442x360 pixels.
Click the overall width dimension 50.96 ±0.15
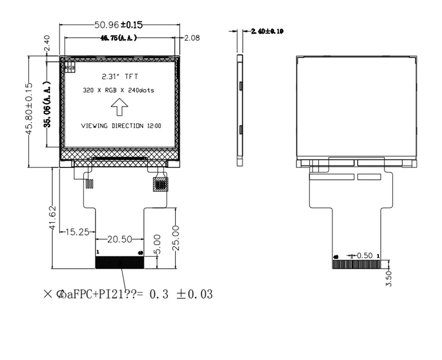click(120, 25)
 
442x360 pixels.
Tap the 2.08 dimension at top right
click(192, 38)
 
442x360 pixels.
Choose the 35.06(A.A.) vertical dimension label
click(47, 104)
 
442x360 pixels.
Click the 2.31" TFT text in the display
click(120, 77)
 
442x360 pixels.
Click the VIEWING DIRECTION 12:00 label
click(120, 126)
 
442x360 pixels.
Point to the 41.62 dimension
click(52, 217)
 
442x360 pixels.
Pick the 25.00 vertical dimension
click(174, 236)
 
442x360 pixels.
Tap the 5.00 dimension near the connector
click(157, 243)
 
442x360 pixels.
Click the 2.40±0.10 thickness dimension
click(267, 31)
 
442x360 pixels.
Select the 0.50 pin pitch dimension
click(364, 256)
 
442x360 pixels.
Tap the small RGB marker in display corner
click(70, 68)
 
